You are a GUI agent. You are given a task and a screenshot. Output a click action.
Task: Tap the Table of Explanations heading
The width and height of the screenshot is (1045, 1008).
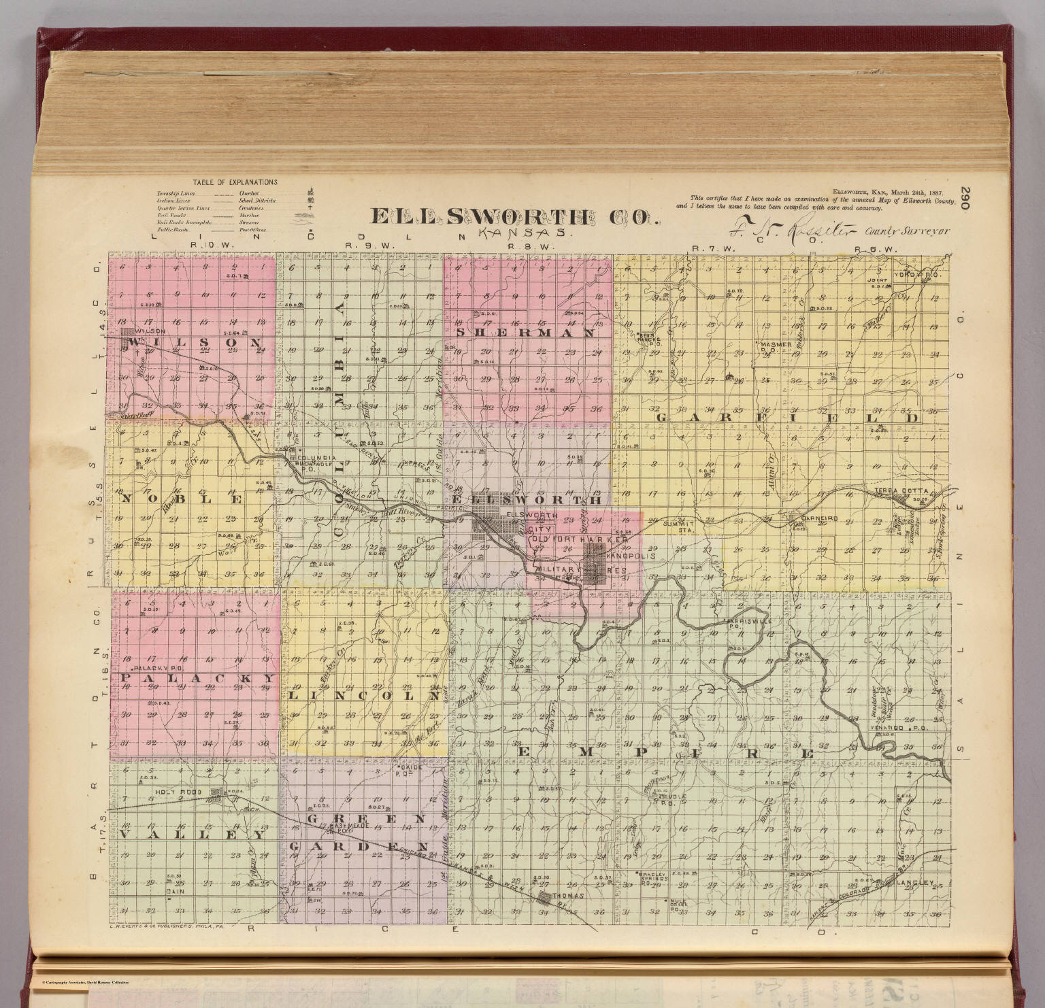point(235,182)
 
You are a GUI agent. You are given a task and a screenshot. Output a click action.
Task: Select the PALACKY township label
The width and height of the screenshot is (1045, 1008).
point(198,679)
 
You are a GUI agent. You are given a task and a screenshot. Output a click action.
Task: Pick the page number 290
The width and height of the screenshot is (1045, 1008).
point(968,202)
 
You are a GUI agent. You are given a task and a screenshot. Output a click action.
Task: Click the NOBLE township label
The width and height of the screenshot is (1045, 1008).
point(182,498)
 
